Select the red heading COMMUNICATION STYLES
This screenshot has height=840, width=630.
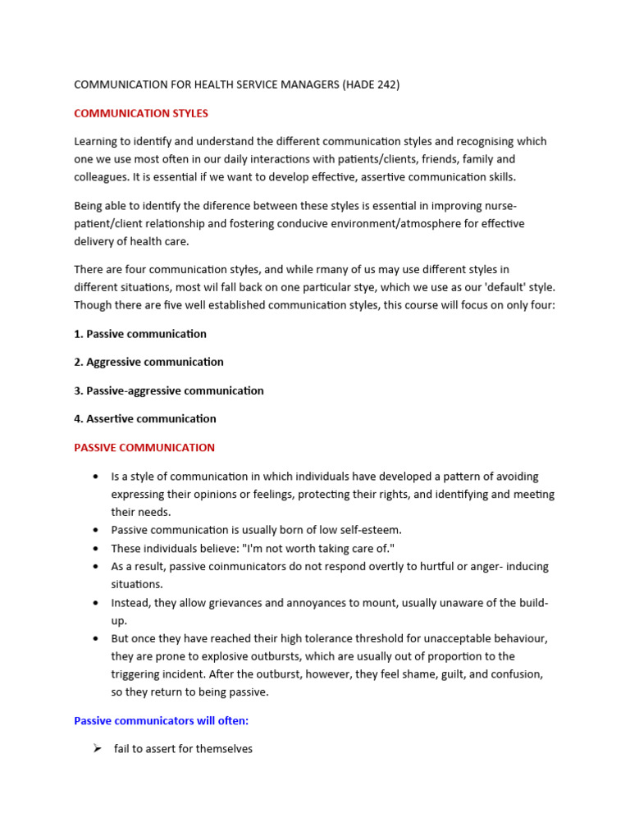[x=141, y=113]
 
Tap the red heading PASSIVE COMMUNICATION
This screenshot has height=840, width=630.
[x=144, y=448]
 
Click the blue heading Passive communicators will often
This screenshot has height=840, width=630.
[x=161, y=721]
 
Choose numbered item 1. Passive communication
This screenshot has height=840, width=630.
[x=140, y=334]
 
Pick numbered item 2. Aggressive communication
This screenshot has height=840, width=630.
[x=148, y=362]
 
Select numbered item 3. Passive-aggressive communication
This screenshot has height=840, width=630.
[x=169, y=390]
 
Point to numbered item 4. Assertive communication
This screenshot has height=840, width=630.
[x=145, y=418]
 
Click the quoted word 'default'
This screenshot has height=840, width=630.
[x=504, y=287]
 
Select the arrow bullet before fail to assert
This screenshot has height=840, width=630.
[x=98, y=749]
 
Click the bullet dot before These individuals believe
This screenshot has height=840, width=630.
[x=97, y=548]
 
